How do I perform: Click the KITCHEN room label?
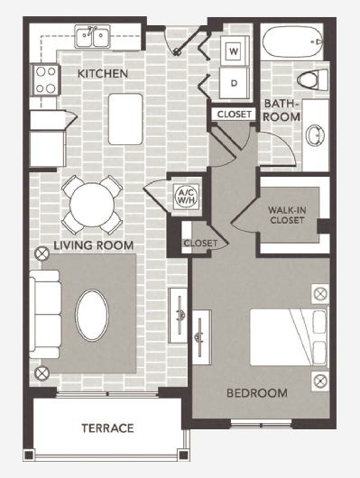(102, 73)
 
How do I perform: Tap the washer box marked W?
(234, 51)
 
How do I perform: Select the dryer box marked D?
(234, 84)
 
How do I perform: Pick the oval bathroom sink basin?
(317, 135)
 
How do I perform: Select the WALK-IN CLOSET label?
(291, 216)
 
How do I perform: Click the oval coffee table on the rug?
(95, 313)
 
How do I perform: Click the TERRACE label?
(107, 427)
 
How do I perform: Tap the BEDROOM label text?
(257, 393)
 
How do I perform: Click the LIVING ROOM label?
(93, 244)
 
